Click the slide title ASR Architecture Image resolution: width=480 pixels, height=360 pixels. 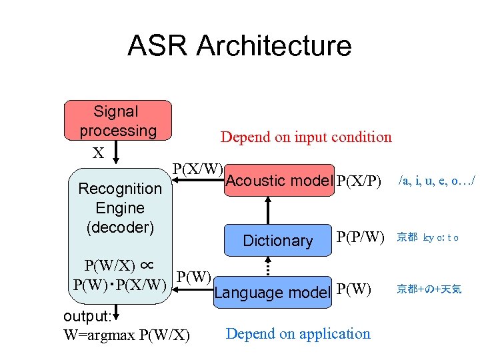pyautogui.click(x=239, y=46)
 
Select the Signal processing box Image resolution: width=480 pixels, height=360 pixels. pyautogui.click(x=117, y=121)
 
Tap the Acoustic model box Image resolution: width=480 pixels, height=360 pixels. pyautogui.click(x=279, y=181)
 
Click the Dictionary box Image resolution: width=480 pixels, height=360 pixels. pyautogui.click(x=278, y=241)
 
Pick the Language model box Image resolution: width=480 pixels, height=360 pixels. pyautogui.click(x=272, y=292)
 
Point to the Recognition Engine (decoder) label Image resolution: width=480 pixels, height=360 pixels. pyautogui.click(x=120, y=208)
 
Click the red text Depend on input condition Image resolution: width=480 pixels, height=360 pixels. pyautogui.click(x=306, y=137)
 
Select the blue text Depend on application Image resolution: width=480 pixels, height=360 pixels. pyautogui.click(x=298, y=333)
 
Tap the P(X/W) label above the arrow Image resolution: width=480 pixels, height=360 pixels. pyautogui.click(x=198, y=168)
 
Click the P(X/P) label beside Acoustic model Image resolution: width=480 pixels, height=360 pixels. pyautogui.click(x=359, y=181)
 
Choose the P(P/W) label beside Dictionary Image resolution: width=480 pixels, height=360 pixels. pyautogui.click(x=361, y=237)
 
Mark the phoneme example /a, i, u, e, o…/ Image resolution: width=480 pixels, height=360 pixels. pyautogui.click(x=436, y=180)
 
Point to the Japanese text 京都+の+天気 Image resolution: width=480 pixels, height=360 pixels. pyautogui.click(x=429, y=289)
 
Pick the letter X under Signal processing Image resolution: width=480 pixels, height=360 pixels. pyautogui.click(x=98, y=153)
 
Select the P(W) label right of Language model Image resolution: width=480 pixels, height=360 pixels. pyautogui.click(x=354, y=289)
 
